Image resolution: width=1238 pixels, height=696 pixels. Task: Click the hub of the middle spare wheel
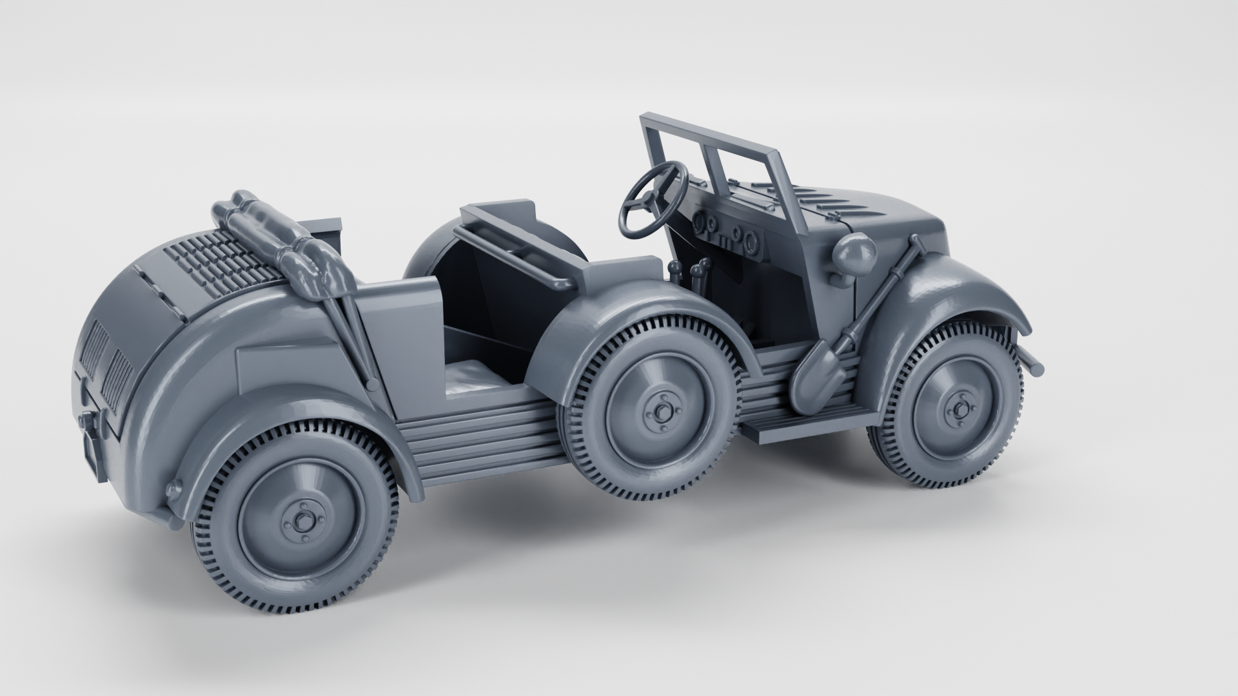tap(660, 411)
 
